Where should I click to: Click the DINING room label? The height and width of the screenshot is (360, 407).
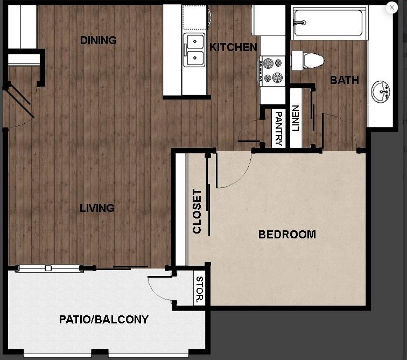(99, 40)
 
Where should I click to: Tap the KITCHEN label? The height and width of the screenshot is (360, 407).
(233, 47)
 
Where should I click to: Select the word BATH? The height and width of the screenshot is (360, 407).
(345, 80)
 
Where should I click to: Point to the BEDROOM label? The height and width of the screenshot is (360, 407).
(287, 235)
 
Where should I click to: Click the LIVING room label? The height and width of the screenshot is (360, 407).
(97, 208)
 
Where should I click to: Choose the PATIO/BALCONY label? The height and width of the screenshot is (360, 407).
(104, 320)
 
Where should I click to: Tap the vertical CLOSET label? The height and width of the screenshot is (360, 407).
(197, 211)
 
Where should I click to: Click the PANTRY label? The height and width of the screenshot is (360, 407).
(278, 129)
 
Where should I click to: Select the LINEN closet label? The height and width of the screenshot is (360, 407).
(295, 118)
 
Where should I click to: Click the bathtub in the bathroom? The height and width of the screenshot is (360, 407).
(328, 23)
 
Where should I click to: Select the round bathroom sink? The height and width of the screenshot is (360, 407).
(382, 91)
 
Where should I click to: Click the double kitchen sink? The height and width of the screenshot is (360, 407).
(194, 50)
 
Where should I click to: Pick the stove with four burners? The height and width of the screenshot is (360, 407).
(271, 70)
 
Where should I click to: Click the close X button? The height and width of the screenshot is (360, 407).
(392, 8)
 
